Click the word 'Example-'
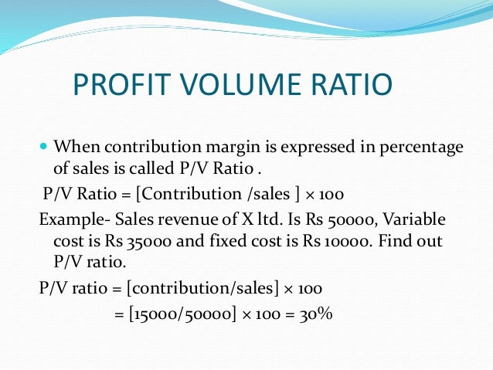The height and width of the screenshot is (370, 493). coord(72,219)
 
